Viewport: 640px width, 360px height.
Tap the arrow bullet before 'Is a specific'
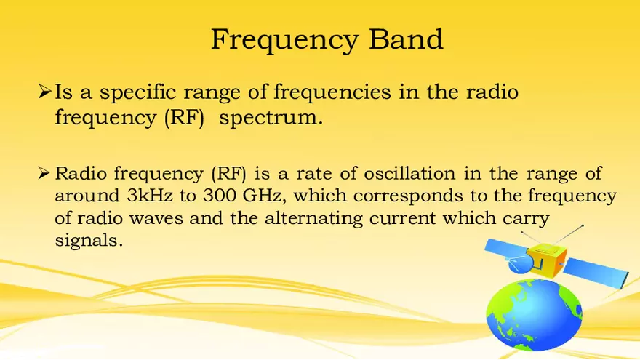pos(44,93)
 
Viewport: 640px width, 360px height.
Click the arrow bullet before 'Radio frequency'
pos(44,174)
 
